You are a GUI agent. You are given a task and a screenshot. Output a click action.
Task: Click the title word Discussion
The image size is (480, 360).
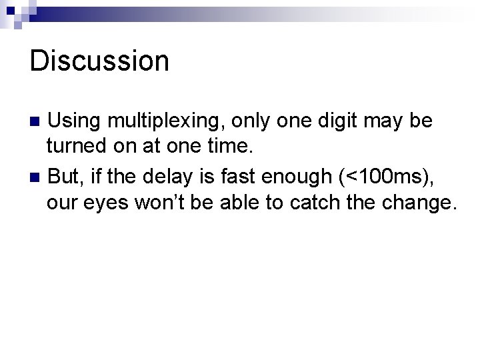click(99, 61)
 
